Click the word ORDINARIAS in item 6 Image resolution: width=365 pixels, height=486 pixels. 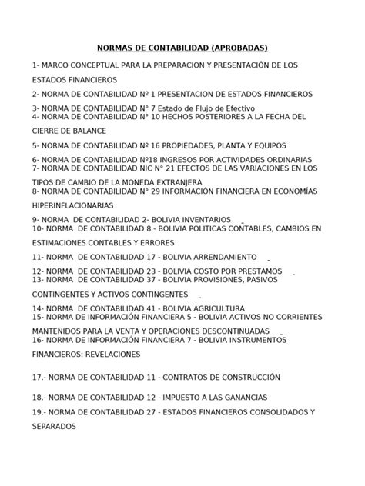pos(266,159)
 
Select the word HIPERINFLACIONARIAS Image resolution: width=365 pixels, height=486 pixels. pos(72,205)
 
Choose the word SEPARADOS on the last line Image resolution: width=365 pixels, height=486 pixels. pos(54,427)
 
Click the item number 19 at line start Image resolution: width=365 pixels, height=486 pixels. pos(40,412)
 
